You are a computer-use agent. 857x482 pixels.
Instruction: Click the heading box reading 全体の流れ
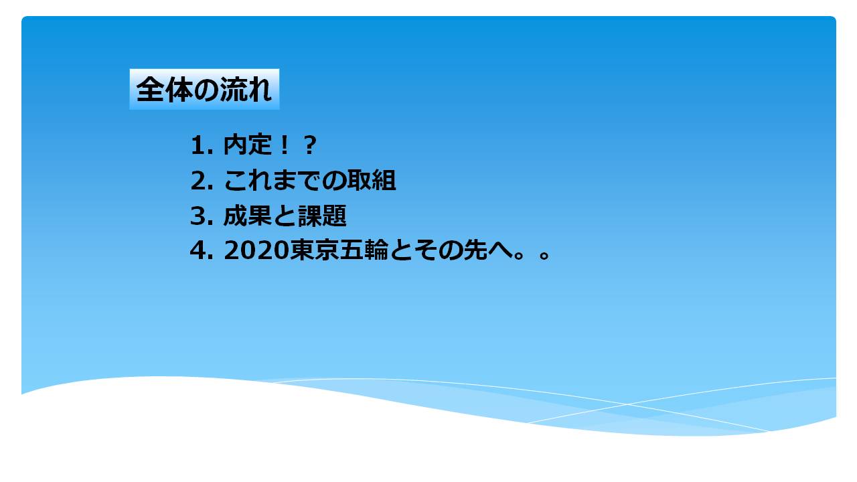point(204,89)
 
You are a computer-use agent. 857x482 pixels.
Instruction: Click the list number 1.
point(199,145)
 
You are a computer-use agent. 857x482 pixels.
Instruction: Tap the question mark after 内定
point(309,145)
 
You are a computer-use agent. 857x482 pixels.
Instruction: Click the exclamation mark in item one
point(285,145)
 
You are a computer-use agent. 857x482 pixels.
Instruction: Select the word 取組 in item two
point(372,180)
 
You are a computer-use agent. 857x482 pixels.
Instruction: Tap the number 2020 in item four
point(256,250)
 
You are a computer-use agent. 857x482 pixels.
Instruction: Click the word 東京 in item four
point(314,250)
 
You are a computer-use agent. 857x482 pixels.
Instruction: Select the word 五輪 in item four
point(364,250)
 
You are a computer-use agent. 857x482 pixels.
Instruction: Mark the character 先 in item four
point(475,250)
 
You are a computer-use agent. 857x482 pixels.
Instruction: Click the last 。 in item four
point(544,255)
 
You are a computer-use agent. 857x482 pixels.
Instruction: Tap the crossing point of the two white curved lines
point(626,404)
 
